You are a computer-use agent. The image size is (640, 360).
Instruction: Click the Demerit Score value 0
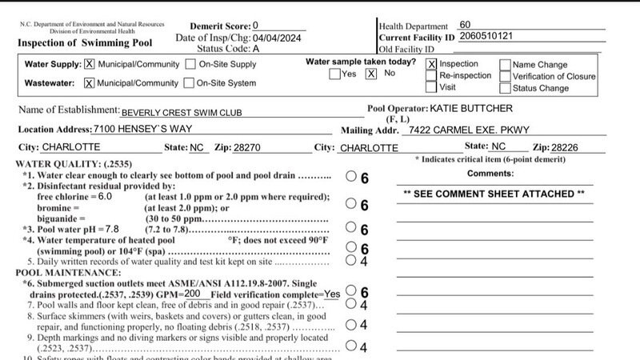point(255,26)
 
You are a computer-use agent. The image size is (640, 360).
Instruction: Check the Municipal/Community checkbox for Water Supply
point(89,65)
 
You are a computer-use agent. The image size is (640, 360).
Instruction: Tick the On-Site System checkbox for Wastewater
point(189,82)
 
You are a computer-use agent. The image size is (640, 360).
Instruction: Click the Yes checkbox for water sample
point(334,74)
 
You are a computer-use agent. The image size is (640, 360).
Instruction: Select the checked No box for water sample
point(370,74)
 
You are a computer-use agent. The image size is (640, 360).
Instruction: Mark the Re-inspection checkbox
point(432,76)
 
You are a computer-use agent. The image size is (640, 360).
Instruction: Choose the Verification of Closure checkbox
point(505,76)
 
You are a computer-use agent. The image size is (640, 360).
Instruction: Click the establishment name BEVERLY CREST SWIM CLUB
point(181,113)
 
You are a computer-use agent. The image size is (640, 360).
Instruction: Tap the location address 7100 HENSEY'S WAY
point(139,130)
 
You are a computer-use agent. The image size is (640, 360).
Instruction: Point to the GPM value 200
point(192,294)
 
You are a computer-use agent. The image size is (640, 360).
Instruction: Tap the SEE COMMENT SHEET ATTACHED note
point(494,194)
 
